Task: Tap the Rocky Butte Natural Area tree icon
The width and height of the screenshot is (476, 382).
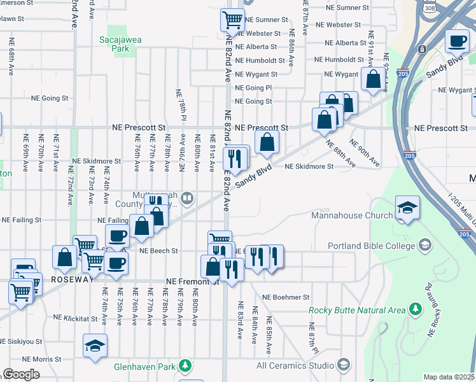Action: click(416, 309)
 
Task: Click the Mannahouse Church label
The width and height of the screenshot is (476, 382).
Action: click(352, 215)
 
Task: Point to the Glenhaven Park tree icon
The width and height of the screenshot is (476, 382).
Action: click(185, 366)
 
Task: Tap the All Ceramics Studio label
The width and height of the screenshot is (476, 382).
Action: click(295, 365)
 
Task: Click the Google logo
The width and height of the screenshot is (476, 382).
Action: click(21, 374)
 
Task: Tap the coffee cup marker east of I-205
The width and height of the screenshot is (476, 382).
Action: click(457, 41)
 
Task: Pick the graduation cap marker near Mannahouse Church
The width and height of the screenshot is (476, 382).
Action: click(407, 208)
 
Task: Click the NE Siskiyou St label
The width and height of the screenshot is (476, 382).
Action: click(21, 341)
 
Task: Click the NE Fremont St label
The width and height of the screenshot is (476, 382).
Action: click(192, 281)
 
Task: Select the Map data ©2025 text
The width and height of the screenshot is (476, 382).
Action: click(449, 377)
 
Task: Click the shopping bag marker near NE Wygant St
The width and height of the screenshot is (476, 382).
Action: click(372, 79)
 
